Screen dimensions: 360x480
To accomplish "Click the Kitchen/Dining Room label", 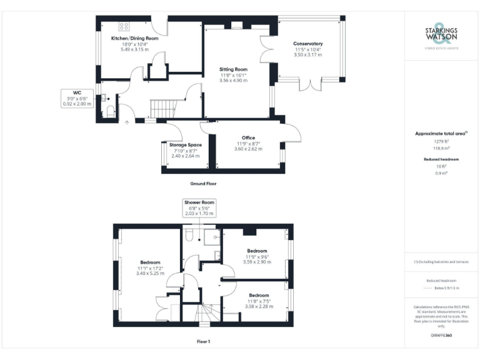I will click(x=134, y=38).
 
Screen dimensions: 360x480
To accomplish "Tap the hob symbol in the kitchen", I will click(x=124, y=26).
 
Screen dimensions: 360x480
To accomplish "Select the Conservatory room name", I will click(x=308, y=44).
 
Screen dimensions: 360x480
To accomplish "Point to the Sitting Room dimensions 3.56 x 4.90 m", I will click(x=233, y=80).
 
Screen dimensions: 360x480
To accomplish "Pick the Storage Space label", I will click(x=185, y=145).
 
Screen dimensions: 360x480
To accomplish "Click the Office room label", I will click(x=248, y=137).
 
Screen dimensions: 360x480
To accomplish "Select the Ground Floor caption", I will click(x=203, y=184).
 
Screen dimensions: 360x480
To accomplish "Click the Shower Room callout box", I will click(x=199, y=208).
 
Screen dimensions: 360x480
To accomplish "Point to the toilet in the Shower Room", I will click(x=190, y=234).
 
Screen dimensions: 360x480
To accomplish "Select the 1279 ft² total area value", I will click(x=441, y=142).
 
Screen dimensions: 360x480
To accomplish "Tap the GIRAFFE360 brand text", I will click(x=441, y=336).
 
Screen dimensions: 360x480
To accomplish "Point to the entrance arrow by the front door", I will click(x=127, y=122).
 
